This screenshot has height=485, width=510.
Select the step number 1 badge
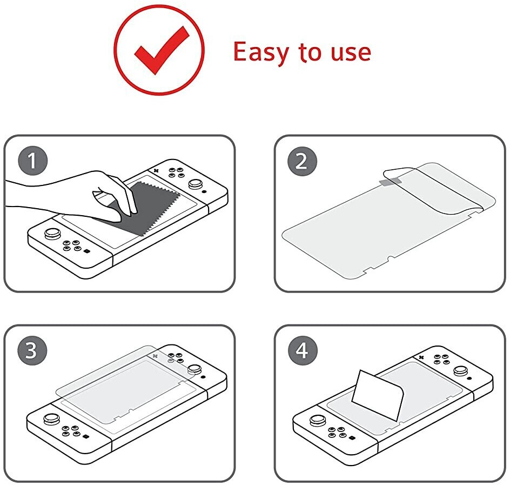click(x=32, y=161)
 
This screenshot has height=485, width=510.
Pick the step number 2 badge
click(x=302, y=161)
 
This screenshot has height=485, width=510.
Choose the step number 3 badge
click(x=32, y=350)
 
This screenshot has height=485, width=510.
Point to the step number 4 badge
click(x=303, y=350)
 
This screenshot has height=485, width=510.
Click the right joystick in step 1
click(x=195, y=184)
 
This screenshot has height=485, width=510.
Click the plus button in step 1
click(x=156, y=170)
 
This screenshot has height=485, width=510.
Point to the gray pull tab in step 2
click(x=390, y=181)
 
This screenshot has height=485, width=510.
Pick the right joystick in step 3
click(x=194, y=369)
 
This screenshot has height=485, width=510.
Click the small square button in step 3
click(x=85, y=437)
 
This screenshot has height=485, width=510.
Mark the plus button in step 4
click(x=421, y=357)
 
